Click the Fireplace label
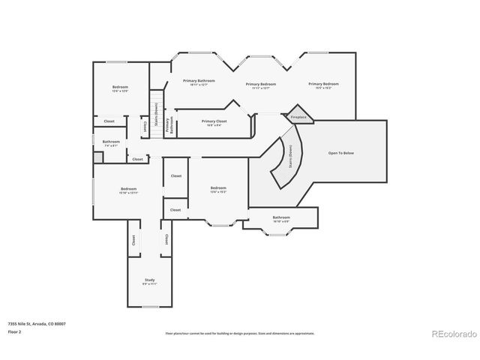(x=298, y=117)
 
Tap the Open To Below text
(x=340, y=152)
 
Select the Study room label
(x=149, y=281)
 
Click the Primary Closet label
(x=214, y=121)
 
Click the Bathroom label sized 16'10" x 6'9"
(x=281, y=219)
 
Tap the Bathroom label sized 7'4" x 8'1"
(x=111, y=142)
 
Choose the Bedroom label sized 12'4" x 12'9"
(x=120, y=88)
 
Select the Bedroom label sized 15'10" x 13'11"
(x=129, y=190)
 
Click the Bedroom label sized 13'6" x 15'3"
(x=218, y=189)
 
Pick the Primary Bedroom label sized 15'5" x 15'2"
(x=323, y=85)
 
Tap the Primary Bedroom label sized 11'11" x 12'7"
(x=261, y=85)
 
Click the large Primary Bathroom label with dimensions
(x=199, y=82)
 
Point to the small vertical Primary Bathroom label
(x=169, y=126)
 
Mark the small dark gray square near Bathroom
(x=97, y=157)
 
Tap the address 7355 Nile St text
(x=36, y=323)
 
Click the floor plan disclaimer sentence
(x=239, y=333)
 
